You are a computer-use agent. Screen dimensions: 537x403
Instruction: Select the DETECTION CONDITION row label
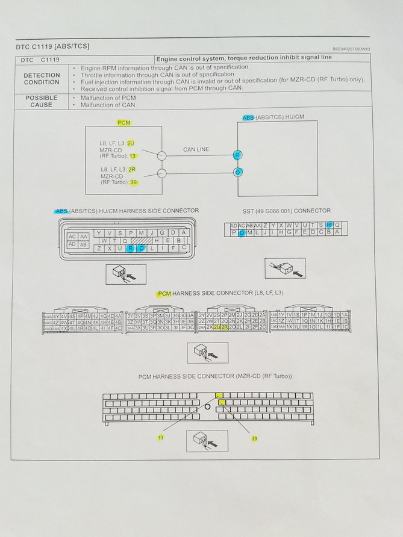tap(42, 78)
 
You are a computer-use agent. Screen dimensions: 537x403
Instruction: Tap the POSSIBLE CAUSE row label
tap(42, 101)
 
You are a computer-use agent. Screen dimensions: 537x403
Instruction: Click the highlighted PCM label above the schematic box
tap(124, 122)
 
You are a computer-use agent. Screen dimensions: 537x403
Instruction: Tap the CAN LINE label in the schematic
tap(196, 149)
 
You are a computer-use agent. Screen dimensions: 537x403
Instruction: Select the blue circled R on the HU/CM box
tap(238, 155)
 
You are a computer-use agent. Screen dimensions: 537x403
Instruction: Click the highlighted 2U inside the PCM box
tap(131, 143)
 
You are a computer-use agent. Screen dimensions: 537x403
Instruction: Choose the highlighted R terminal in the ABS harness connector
tap(130, 248)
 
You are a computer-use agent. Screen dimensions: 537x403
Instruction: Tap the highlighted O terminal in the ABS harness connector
tap(142, 248)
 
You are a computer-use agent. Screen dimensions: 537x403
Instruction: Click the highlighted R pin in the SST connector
tap(328, 225)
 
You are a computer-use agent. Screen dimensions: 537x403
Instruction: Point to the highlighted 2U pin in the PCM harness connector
tap(217, 327)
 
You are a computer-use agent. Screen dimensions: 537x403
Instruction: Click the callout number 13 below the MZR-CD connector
tap(160, 438)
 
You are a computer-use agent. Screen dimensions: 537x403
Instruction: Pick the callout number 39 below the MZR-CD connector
tap(254, 439)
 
